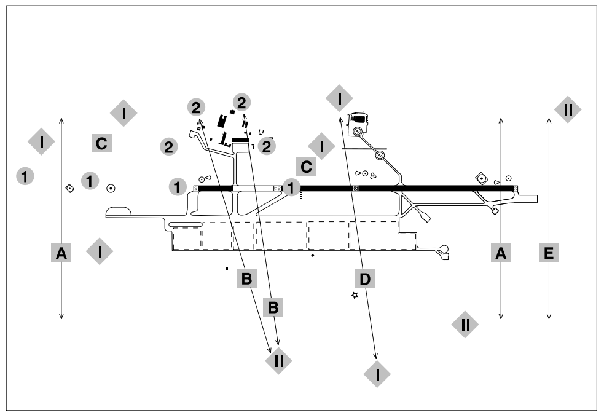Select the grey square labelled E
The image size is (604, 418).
(x=549, y=252)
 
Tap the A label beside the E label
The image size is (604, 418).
(x=501, y=252)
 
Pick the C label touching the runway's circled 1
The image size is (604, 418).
(x=306, y=166)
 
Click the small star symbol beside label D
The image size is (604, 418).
(x=355, y=296)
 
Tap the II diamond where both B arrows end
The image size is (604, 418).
(x=278, y=361)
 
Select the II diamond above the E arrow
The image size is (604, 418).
(x=567, y=109)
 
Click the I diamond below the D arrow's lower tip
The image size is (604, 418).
(x=378, y=373)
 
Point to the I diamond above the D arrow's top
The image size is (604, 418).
(x=339, y=97)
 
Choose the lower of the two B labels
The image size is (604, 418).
(x=273, y=307)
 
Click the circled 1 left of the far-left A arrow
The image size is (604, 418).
(x=25, y=176)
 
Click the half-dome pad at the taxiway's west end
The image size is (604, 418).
(x=119, y=212)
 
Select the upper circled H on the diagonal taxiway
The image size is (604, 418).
(x=357, y=131)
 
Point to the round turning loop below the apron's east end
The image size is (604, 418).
(x=444, y=249)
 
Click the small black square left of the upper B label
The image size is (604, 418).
(x=227, y=269)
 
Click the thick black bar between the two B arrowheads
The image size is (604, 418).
(x=241, y=140)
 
